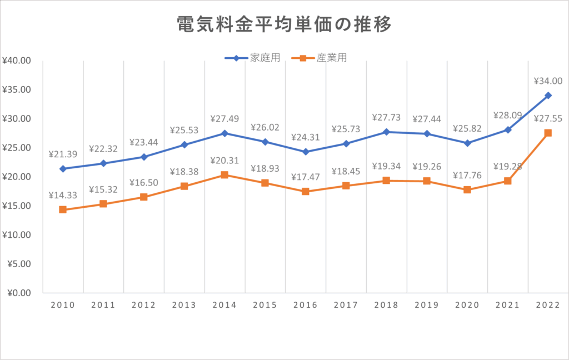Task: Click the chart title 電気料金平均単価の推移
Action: (284, 25)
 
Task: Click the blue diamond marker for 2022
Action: (548, 96)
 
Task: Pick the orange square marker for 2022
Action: (548, 133)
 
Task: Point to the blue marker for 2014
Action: (224, 133)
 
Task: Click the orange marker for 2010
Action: (63, 209)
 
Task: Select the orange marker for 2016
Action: (306, 192)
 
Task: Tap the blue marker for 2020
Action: (467, 143)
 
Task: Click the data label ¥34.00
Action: (548, 81)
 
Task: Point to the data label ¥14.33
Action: (63, 194)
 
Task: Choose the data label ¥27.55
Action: (548, 118)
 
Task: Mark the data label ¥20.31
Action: (224, 161)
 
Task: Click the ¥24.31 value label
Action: (306, 137)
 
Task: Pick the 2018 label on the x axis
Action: (386, 305)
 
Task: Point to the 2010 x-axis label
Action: (63, 305)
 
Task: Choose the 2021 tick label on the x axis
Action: (507, 305)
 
